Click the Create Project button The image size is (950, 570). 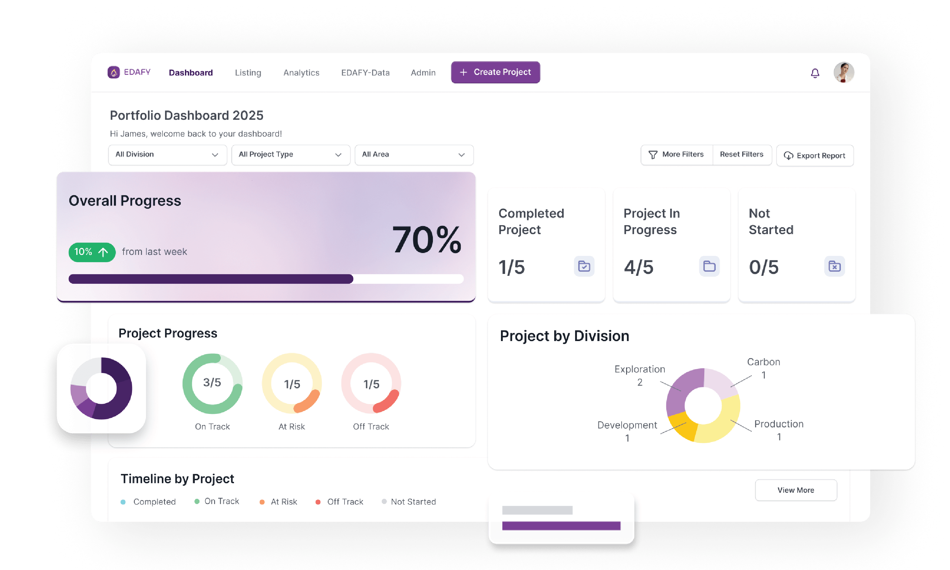[495, 72]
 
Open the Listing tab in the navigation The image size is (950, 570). [248, 73]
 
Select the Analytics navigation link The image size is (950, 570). [301, 73]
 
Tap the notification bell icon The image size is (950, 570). [815, 73]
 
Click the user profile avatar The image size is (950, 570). [844, 72]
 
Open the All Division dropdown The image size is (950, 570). [168, 155]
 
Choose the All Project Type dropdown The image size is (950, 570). [291, 155]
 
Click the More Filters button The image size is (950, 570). [677, 155]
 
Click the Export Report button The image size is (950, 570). [815, 155]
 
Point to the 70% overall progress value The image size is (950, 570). [426, 240]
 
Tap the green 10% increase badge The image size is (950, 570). [92, 252]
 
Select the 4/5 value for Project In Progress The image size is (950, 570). [638, 267]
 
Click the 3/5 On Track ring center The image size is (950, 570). [212, 383]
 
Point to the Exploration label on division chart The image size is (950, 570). [639, 369]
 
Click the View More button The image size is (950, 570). [796, 490]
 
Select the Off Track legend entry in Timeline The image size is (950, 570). [345, 502]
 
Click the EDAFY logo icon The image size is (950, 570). [114, 72]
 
